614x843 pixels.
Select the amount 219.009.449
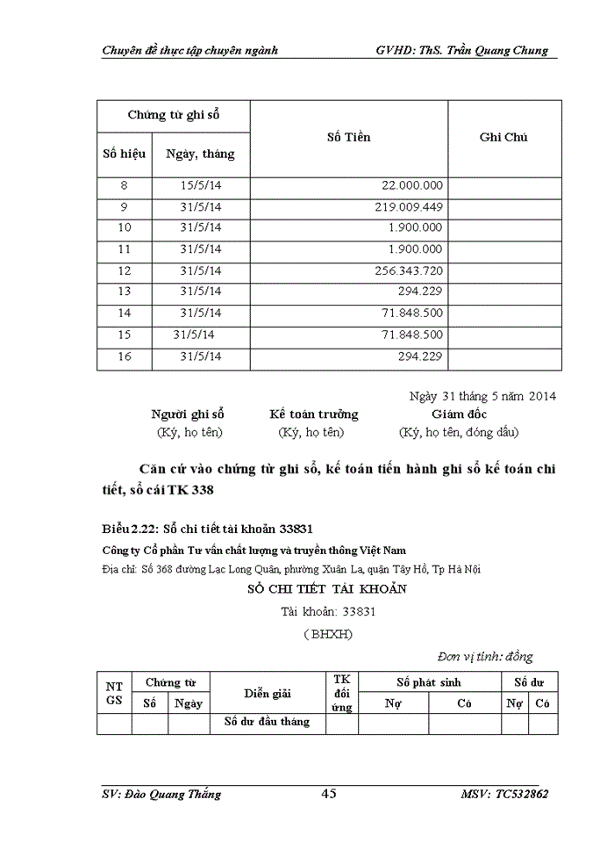tap(409, 206)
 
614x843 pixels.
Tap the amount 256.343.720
tap(409, 270)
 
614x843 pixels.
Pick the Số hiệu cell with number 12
tap(124, 270)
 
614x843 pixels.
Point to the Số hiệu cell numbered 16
tap(124, 356)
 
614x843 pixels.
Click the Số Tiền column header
tap(348, 137)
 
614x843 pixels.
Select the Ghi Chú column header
tap(503, 137)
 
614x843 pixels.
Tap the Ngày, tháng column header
tap(200, 154)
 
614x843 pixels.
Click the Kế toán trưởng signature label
tap(313, 414)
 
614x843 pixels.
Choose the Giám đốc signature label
tap(459, 414)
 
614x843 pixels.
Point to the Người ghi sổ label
tap(188, 414)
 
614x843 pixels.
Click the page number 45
tap(329, 794)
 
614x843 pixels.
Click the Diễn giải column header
tap(268, 693)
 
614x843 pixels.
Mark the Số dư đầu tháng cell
tap(268, 722)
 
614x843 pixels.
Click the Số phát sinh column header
tap(429, 682)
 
